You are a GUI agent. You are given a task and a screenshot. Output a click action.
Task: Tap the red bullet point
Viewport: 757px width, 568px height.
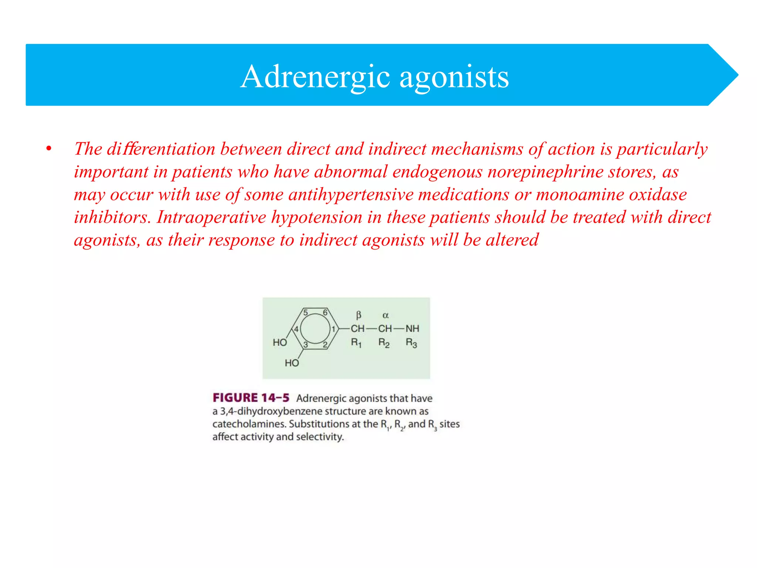click(48, 149)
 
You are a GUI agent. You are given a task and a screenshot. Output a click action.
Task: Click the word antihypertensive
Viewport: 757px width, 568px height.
click(351, 195)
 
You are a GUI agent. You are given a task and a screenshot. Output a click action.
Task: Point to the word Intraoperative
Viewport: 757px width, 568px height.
click(211, 217)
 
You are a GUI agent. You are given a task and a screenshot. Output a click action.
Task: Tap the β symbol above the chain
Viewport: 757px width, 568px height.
click(358, 315)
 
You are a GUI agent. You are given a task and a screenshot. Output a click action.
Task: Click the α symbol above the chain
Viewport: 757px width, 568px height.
click(386, 315)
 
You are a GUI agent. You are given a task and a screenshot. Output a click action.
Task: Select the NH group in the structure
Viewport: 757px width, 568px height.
click(412, 328)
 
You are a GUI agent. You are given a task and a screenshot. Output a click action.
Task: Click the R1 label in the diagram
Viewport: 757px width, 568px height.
click(356, 343)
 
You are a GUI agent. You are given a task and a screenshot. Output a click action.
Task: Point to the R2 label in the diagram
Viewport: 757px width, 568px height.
click(384, 343)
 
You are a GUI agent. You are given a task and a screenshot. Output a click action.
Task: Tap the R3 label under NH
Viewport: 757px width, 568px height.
click(411, 343)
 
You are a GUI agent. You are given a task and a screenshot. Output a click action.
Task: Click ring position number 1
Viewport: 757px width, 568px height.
click(333, 329)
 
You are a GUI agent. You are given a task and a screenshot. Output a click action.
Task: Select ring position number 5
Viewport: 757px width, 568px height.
click(306, 312)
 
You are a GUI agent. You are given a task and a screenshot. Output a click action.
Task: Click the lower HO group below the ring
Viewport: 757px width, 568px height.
click(292, 363)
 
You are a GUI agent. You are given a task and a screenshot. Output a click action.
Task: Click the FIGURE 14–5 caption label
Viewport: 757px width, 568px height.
click(251, 398)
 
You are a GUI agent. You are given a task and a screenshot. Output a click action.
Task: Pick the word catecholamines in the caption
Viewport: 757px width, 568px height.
click(249, 424)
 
